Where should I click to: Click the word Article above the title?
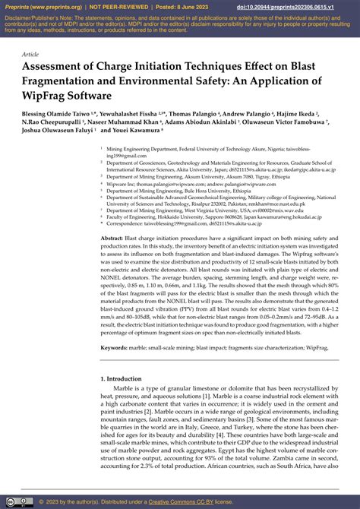31,55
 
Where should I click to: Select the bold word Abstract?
112,239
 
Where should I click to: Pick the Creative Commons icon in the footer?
10,502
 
